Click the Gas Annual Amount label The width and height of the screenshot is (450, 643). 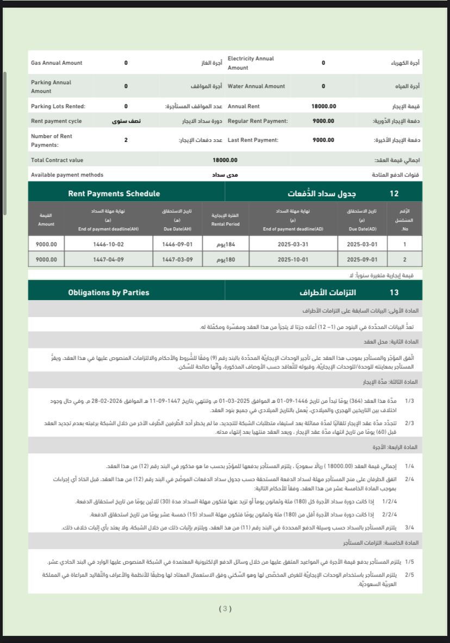pos(57,63)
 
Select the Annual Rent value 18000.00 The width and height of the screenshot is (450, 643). pos(323,107)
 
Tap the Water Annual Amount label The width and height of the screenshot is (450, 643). pos(256,86)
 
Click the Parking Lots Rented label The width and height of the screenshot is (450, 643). pos(58,107)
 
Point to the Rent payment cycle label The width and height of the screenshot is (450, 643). pos(57,121)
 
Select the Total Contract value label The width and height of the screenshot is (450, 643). pos(57,160)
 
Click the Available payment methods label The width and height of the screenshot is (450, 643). pos(67,175)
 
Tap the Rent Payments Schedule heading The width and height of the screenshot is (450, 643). pos(114,193)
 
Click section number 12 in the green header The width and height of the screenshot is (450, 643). pos(394,193)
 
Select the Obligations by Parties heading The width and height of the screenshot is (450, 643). pos(109,292)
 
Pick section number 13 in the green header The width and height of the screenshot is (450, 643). pos(394,292)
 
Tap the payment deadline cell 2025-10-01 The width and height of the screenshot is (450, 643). pos(293,259)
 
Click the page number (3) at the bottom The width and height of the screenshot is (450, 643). pos(225,609)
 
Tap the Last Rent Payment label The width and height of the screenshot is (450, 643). pos(253,140)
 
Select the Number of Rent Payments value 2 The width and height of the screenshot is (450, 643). pos(126,140)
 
